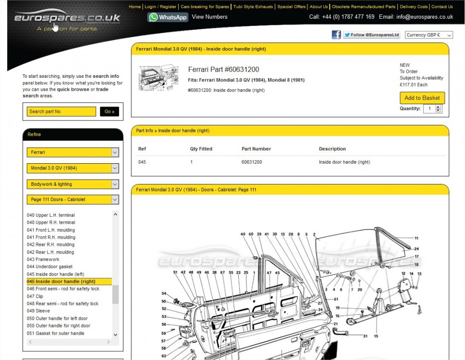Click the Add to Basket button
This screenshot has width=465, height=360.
pyautogui.click(x=422, y=98)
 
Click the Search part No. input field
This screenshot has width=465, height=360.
pyautogui.click(x=61, y=111)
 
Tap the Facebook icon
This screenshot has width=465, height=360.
pyautogui.click(x=336, y=35)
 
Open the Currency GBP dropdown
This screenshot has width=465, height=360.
pyautogui.click(x=429, y=35)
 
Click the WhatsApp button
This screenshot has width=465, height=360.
pyautogui.click(x=168, y=17)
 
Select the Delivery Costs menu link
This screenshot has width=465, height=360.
pyautogui.click(x=414, y=7)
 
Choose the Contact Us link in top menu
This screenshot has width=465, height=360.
pyautogui.click(x=442, y=7)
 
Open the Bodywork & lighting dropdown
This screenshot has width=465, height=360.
pyautogui.click(x=73, y=184)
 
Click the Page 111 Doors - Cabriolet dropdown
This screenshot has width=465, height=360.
pyautogui.click(x=73, y=199)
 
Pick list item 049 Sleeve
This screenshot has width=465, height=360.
pyautogui.click(x=38, y=311)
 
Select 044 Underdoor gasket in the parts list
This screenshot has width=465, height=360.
pyautogui.click(x=49, y=267)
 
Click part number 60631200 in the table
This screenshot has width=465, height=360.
pyautogui.click(x=252, y=162)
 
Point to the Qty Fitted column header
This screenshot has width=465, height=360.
pyautogui.click(x=201, y=149)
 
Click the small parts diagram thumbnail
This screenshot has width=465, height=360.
pyautogui.click(x=159, y=78)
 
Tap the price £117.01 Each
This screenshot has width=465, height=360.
pyautogui.click(x=414, y=85)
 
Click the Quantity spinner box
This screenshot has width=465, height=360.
pyautogui.click(x=433, y=109)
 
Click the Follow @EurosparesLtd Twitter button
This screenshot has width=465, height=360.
pyautogui.click(x=372, y=35)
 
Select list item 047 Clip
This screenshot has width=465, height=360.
pyautogui.click(x=35, y=296)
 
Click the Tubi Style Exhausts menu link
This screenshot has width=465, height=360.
pyautogui.click(x=253, y=7)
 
